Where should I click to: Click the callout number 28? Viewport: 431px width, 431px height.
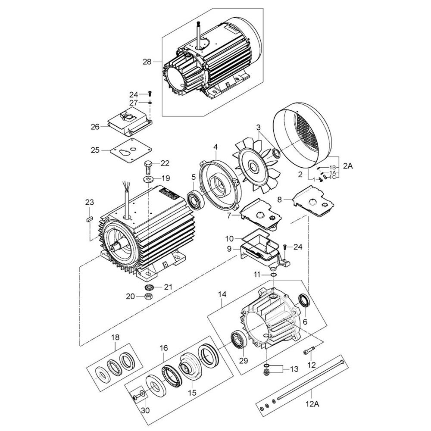click(x=147, y=62)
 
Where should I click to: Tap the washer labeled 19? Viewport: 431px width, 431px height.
click(x=148, y=179)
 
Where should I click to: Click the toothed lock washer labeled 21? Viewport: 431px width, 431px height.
click(x=149, y=288)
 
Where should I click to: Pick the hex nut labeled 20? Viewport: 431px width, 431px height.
click(x=149, y=297)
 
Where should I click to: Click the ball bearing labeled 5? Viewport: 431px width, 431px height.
click(x=195, y=198)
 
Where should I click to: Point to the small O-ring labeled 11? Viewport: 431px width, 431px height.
click(x=274, y=275)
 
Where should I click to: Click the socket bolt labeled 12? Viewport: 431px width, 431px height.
click(x=309, y=351)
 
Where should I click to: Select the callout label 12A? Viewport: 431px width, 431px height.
click(x=312, y=404)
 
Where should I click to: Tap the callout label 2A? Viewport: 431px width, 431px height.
click(x=348, y=166)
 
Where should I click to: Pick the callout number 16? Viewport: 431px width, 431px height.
click(x=163, y=348)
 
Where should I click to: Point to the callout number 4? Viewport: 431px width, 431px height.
click(x=215, y=147)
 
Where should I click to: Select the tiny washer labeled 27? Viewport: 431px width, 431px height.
click(x=150, y=103)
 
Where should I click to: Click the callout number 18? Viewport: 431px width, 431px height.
click(x=116, y=337)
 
